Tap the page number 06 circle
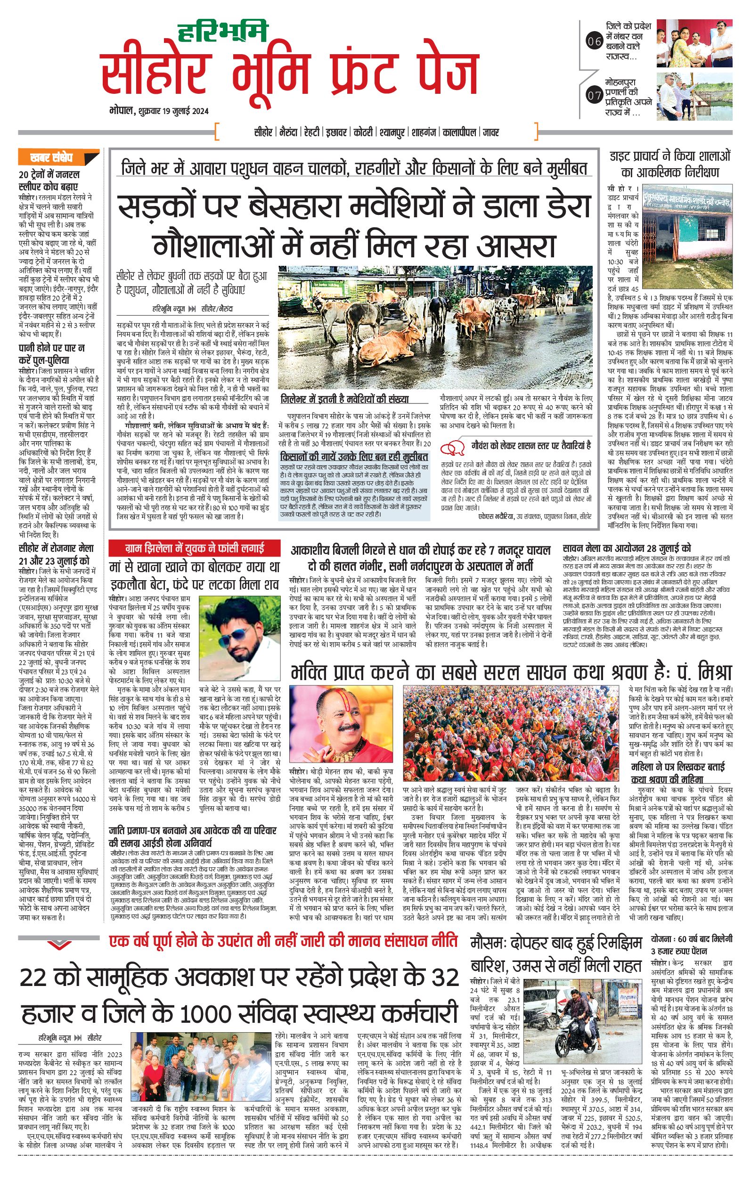click(x=594, y=42)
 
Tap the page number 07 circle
click(x=594, y=95)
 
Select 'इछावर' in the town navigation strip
click(x=336, y=132)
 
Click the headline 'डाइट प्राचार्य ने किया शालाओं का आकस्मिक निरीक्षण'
click(x=670, y=164)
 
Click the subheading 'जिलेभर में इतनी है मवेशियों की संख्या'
click(x=344, y=399)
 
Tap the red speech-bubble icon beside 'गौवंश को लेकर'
click(x=453, y=448)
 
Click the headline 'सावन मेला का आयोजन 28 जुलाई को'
click(x=626, y=548)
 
